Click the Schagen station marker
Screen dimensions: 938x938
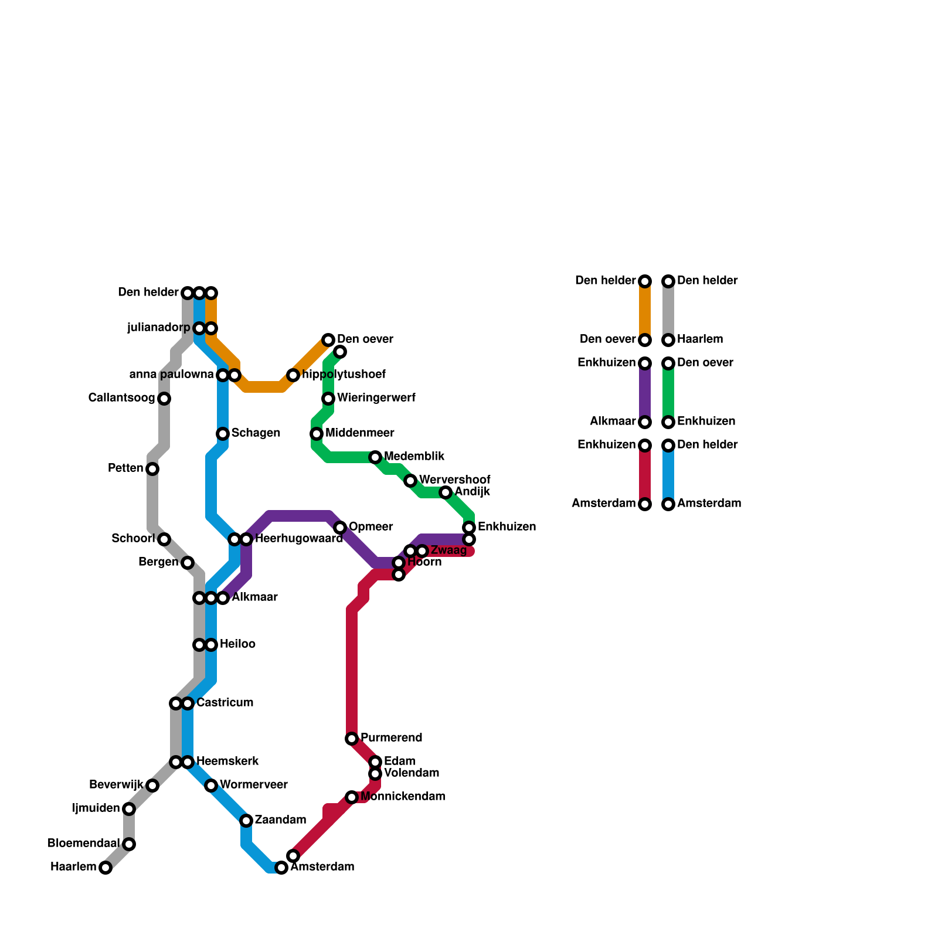tap(223, 434)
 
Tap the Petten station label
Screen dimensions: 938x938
tap(125, 468)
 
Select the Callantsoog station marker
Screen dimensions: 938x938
tap(164, 399)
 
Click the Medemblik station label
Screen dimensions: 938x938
tap(414, 457)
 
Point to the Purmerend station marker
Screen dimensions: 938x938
tap(352, 739)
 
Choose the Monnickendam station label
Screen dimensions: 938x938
tap(403, 797)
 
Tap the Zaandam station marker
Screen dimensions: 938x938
tap(246, 821)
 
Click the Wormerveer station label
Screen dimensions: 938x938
tap(253, 785)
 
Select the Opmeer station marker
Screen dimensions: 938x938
tap(340, 528)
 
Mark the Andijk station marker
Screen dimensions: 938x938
tap(446, 492)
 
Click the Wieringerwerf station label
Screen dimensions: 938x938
tap(376, 398)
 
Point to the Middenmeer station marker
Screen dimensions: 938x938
tap(317, 434)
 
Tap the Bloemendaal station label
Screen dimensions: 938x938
tap(83, 844)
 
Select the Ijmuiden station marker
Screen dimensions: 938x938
tap(129, 809)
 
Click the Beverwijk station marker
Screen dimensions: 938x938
tap(152, 786)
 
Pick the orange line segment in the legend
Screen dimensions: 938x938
tap(645, 311)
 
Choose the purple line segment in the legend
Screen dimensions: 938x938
tap(645, 393)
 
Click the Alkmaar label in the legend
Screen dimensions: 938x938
tap(613, 422)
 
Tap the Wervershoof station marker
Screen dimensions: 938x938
tap(410, 481)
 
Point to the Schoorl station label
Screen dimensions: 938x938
tap(133, 539)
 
